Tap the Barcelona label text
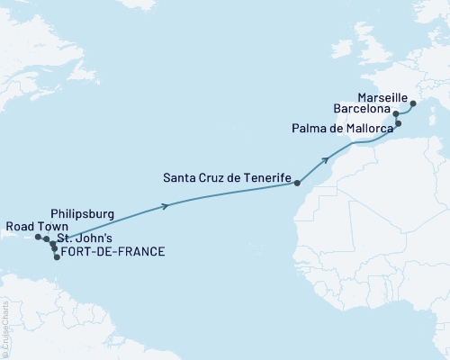[x=363, y=109]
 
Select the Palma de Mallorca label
[x=341, y=129]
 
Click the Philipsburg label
[x=82, y=214]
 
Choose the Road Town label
[x=33, y=226]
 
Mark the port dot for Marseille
[x=413, y=103]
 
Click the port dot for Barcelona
[x=396, y=114]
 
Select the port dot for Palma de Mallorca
[x=398, y=123]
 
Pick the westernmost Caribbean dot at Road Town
[x=38, y=238]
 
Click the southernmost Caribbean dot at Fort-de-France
[x=57, y=257]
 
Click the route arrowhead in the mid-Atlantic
[x=166, y=206]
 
